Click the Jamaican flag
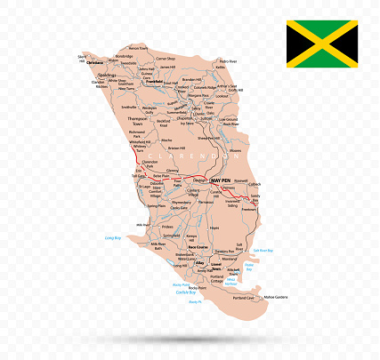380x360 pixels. [x=321, y=44]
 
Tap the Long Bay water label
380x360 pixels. [x=112, y=238]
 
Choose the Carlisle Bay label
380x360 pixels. [x=184, y=292]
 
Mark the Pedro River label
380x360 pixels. [x=228, y=61]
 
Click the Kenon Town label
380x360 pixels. [x=137, y=48]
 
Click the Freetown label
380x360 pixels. [x=249, y=210]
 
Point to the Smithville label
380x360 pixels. [x=129, y=106]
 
